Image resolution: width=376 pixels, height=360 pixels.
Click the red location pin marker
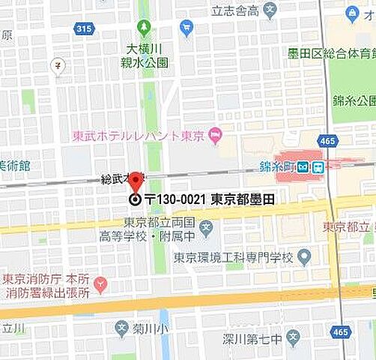(x=135, y=182)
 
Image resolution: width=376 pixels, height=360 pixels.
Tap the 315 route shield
(x=85, y=28)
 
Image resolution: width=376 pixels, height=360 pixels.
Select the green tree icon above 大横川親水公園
(x=144, y=29)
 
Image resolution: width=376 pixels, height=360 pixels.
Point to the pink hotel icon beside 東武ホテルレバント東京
(x=216, y=135)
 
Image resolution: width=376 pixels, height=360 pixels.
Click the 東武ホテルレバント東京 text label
(x=139, y=136)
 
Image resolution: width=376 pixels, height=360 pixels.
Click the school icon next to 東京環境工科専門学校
(x=303, y=257)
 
